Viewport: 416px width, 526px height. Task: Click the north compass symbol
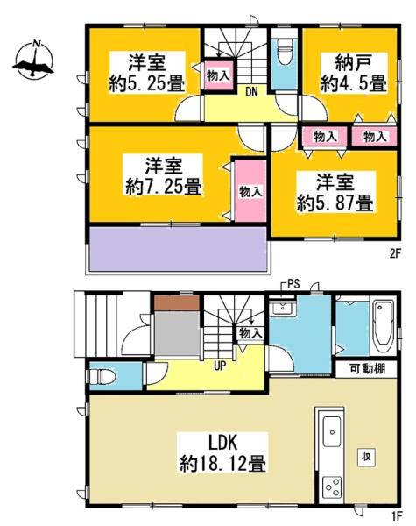pos(33,60)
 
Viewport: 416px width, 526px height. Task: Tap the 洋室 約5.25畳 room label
pos(147,73)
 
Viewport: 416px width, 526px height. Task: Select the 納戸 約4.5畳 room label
pos(354,73)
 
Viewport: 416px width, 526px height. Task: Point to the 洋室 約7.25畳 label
pos(164,175)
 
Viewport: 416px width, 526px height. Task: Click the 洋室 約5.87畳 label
pos(335,192)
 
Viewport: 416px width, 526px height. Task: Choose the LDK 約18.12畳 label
pos(222,453)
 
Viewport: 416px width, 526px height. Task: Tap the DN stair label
pos(251,92)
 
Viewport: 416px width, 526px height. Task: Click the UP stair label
pos(220,366)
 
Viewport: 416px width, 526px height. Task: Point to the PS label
pos(293,285)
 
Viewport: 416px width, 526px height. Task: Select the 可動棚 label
pos(368,369)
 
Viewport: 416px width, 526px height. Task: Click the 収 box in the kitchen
pos(366,457)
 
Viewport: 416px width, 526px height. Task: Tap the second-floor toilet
pos(285,52)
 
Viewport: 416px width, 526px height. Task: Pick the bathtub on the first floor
pos(384,326)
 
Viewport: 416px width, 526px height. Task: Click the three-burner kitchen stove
pos(332,488)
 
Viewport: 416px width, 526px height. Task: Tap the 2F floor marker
pos(395,254)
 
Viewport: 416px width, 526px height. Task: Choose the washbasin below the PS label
pos(283,307)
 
